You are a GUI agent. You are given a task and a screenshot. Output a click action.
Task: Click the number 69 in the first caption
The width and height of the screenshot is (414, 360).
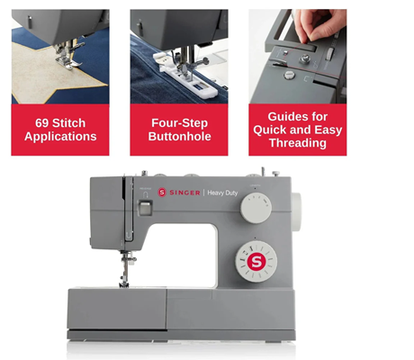(x=42, y=123)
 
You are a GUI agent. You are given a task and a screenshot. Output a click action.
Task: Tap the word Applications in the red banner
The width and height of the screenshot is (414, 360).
(x=60, y=137)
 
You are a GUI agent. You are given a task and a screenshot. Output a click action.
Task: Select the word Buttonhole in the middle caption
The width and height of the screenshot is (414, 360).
(x=179, y=137)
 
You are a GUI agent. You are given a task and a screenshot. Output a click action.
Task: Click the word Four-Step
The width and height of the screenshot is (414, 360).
(x=179, y=123)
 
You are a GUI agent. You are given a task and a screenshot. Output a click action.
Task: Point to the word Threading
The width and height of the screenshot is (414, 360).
(x=298, y=143)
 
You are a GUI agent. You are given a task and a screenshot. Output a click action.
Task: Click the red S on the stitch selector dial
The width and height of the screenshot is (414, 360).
(x=256, y=262)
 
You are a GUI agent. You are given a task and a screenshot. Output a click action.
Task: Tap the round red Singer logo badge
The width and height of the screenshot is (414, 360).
(x=162, y=193)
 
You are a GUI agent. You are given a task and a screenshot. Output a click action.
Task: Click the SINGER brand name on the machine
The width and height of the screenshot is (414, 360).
(x=184, y=193)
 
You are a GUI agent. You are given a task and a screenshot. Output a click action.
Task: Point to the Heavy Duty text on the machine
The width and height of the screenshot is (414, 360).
(x=222, y=193)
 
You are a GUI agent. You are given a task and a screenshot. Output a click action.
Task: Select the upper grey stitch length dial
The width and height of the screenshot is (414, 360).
(x=256, y=208)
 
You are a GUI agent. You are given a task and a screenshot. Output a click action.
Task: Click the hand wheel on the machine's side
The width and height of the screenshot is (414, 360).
(x=296, y=211)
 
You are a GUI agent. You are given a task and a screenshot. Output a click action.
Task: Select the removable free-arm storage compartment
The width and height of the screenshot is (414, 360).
(x=117, y=309)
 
